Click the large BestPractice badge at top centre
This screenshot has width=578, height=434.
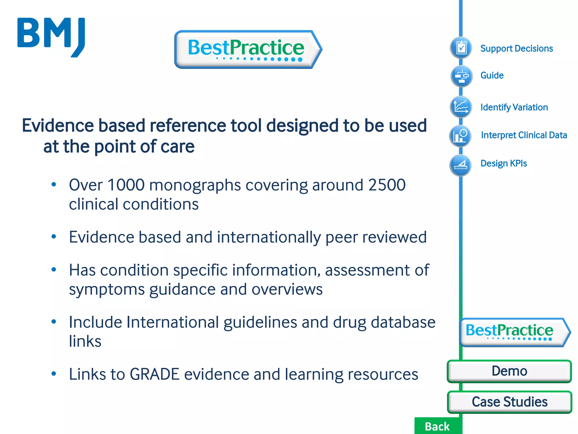click(248, 49)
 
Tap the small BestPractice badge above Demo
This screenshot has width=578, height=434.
click(514, 332)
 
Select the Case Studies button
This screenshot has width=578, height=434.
click(509, 402)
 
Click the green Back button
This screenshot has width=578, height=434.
click(437, 426)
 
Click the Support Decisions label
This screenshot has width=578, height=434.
click(516, 49)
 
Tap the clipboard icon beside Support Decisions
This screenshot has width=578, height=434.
click(461, 47)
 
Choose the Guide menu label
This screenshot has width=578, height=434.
click(492, 75)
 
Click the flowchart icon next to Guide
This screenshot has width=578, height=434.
click(461, 76)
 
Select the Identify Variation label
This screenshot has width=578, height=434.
click(514, 107)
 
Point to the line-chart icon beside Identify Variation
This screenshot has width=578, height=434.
click(461, 107)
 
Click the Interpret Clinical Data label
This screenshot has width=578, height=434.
click(524, 135)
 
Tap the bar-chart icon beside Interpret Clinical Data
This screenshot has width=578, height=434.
click(460, 136)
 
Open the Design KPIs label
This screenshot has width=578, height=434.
click(503, 163)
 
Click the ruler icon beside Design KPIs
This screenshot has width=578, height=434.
click(460, 165)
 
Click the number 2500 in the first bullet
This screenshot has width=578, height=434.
click(387, 185)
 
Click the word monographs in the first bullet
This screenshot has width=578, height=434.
click(195, 186)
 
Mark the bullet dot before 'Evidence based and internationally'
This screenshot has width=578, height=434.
click(54, 236)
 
